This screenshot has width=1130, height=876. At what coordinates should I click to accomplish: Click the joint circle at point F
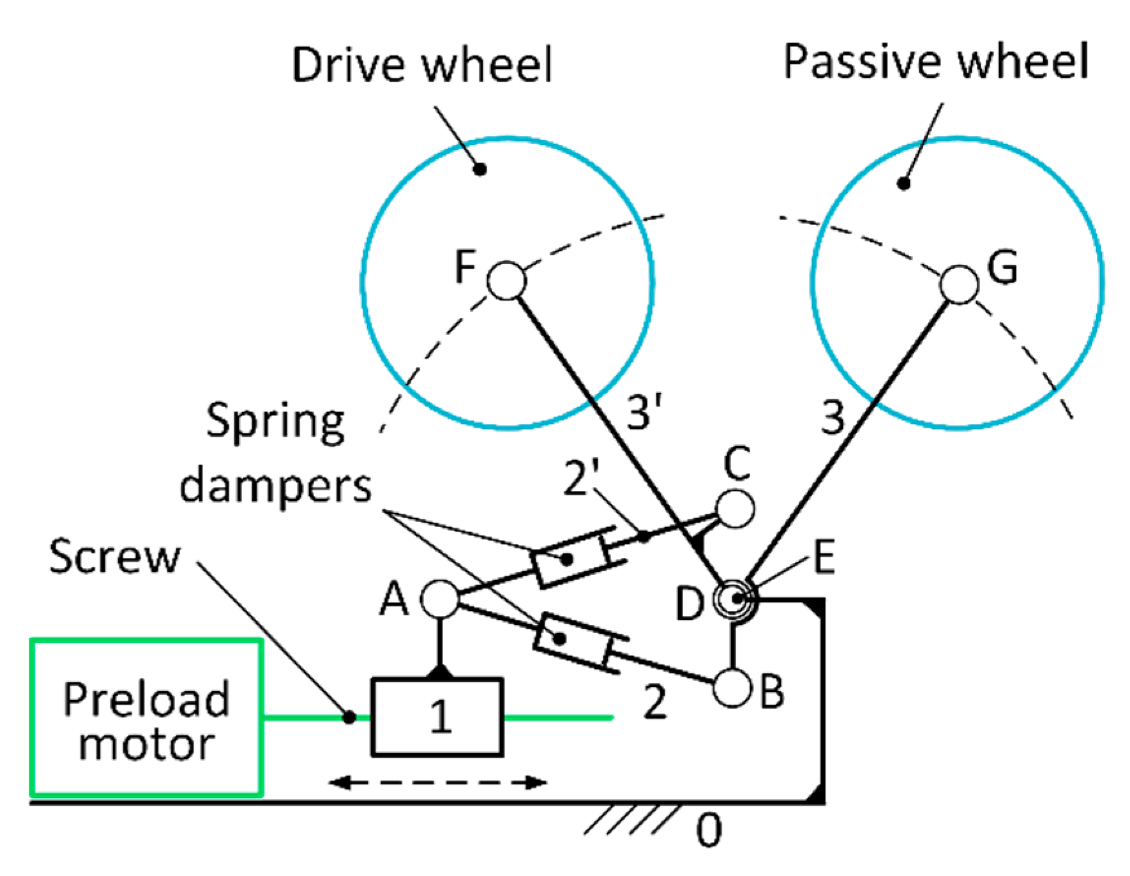pyautogui.click(x=506, y=281)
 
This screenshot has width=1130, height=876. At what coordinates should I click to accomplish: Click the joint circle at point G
pyautogui.click(x=958, y=284)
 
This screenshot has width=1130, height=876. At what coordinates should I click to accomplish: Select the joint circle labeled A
pyautogui.click(x=440, y=599)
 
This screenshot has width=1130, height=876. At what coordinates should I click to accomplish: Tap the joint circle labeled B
pyautogui.click(x=732, y=688)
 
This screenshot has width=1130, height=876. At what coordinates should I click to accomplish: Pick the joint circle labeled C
pyautogui.click(x=735, y=508)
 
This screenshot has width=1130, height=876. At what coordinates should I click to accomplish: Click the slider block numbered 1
pyautogui.click(x=437, y=717)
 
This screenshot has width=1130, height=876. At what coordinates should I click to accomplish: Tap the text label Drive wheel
pyautogui.click(x=422, y=65)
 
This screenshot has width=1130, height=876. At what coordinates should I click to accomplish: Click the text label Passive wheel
pyautogui.click(x=935, y=63)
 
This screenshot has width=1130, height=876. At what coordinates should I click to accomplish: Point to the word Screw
pyautogui.click(x=115, y=557)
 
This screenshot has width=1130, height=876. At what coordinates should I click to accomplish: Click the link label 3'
pyautogui.click(x=644, y=413)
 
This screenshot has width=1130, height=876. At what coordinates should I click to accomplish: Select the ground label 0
pyautogui.click(x=709, y=830)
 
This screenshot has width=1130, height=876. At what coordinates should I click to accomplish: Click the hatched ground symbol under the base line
pyautogui.click(x=632, y=819)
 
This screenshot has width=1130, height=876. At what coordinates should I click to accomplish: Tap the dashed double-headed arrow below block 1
pyautogui.click(x=437, y=783)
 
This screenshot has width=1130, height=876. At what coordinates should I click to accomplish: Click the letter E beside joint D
pyautogui.click(x=824, y=557)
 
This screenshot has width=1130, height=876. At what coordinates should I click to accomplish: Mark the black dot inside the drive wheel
pyautogui.click(x=480, y=170)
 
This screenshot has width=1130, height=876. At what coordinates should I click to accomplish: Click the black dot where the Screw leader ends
pyautogui.click(x=349, y=717)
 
